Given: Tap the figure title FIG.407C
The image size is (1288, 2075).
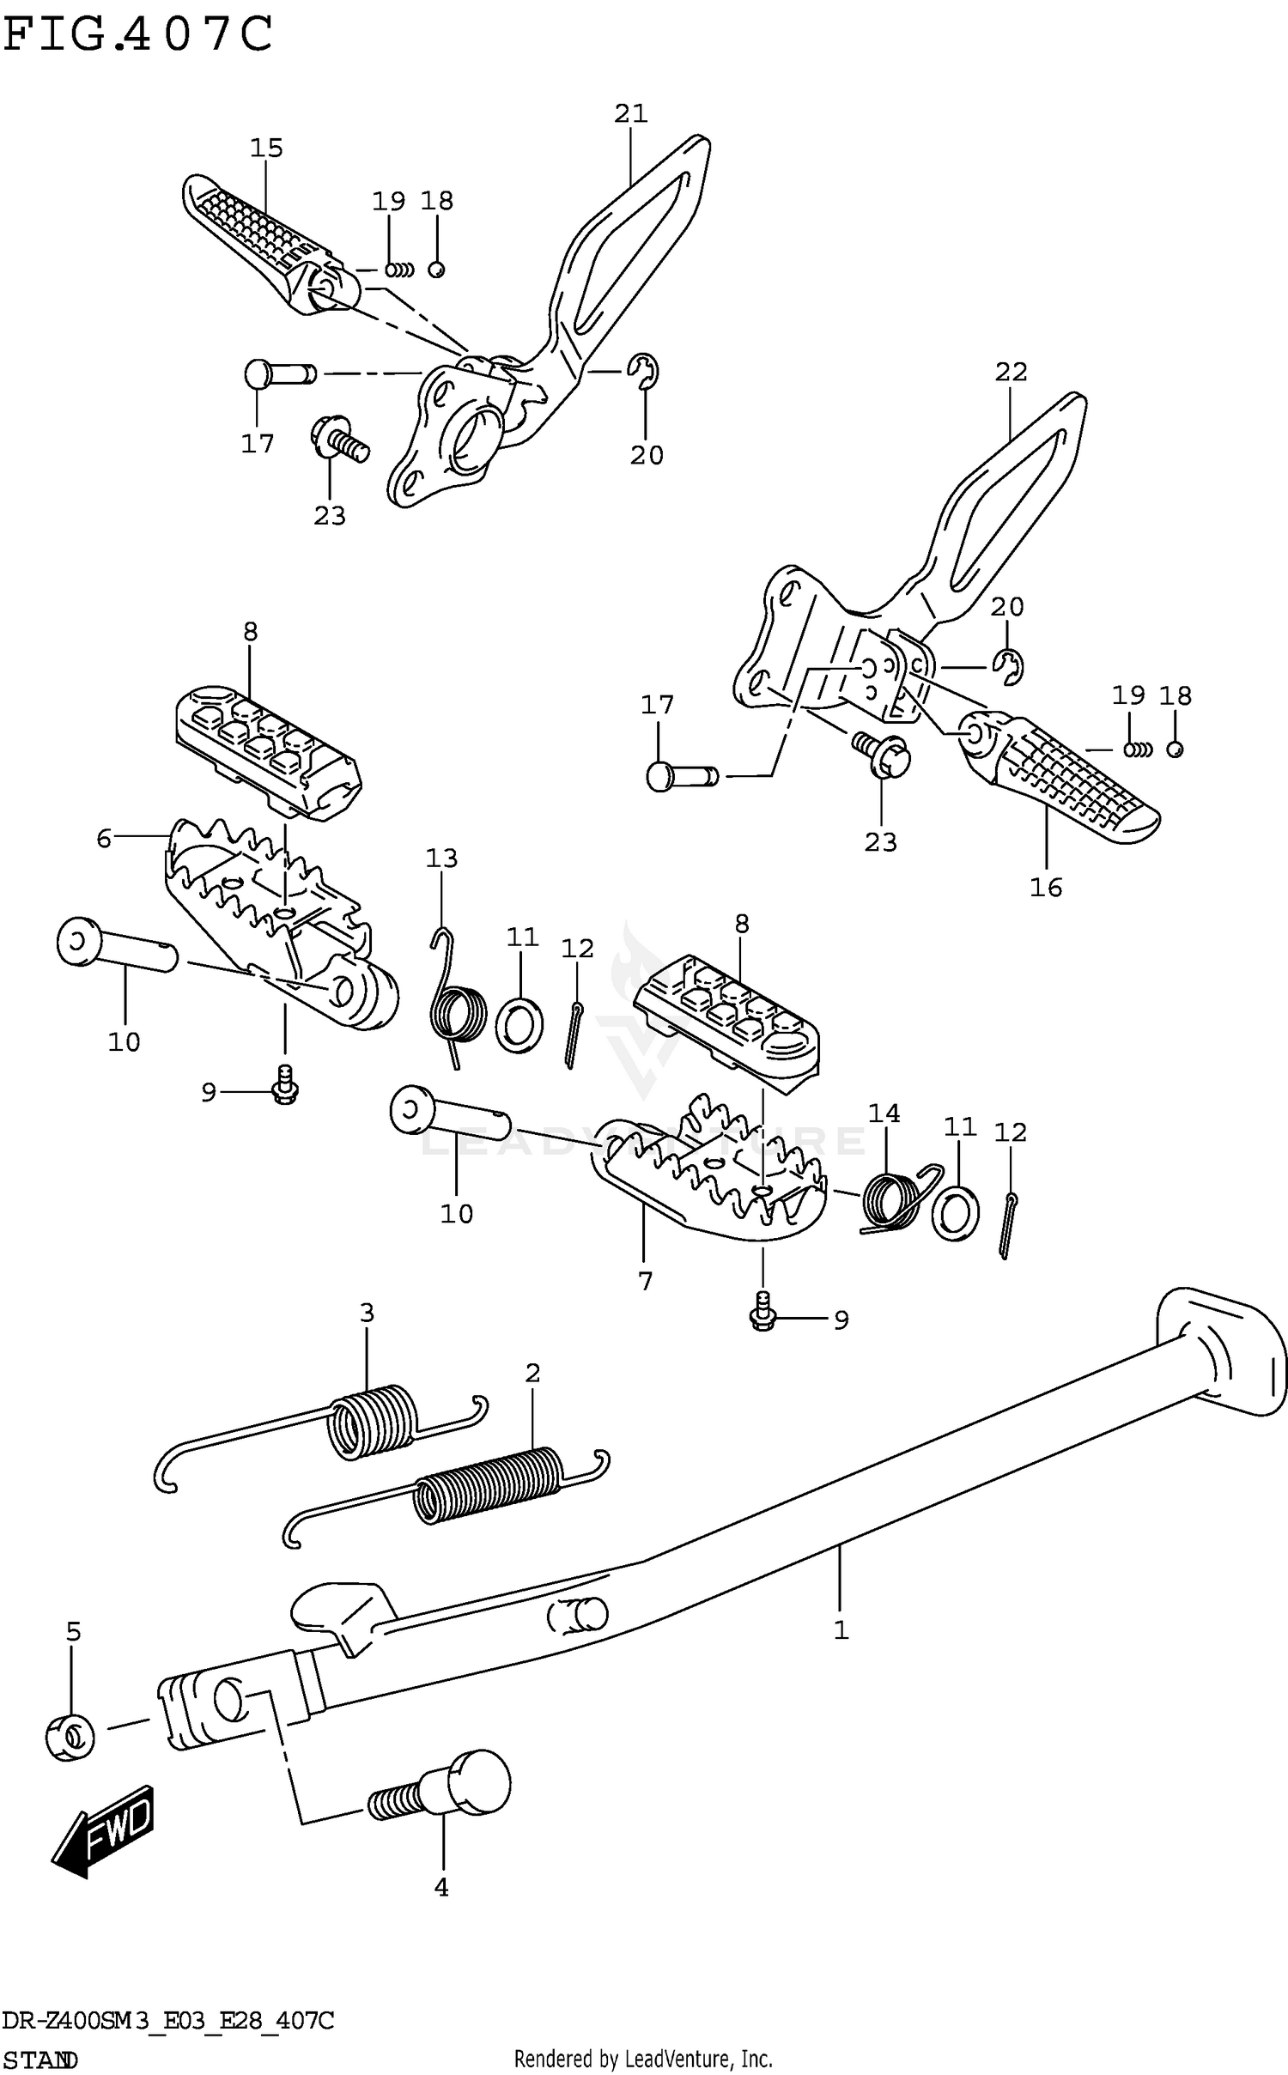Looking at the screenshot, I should pyautogui.click(x=137, y=36).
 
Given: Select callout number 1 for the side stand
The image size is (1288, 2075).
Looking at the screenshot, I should pyautogui.click(x=841, y=1629).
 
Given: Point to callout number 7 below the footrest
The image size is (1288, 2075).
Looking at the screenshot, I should pyautogui.click(x=646, y=1281).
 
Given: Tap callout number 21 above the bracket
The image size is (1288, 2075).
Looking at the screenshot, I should pyautogui.click(x=630, y=113).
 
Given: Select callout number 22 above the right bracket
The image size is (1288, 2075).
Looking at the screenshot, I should pyautogui.click(x=1011, y=372).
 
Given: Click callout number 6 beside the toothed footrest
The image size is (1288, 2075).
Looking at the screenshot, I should pyautogui.click(x=104, y=838).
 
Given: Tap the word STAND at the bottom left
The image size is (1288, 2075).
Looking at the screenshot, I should pyautogui.click(x=40, y=2060).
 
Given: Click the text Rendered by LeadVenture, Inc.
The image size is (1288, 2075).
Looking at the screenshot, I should pyautogui.click(x=643, y=2059).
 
